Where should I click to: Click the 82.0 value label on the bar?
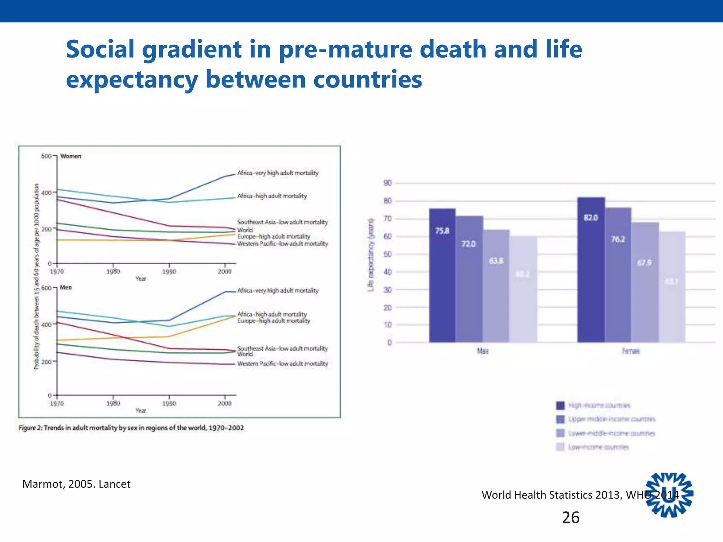591,218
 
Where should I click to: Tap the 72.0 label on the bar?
468,244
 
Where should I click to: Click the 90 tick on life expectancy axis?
388,183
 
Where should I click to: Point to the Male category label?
483,351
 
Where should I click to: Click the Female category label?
631,351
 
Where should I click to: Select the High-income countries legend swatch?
560,405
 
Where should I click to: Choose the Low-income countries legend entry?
598,447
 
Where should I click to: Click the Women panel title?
71,156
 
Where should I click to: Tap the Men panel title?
66,288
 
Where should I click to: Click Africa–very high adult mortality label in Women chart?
278,173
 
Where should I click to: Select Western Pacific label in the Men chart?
282,363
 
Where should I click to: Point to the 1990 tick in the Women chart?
169,271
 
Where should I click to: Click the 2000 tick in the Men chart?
225,403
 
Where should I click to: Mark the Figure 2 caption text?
131,428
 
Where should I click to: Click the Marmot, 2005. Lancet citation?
76,484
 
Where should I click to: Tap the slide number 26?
570,517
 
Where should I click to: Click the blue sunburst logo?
669,495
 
